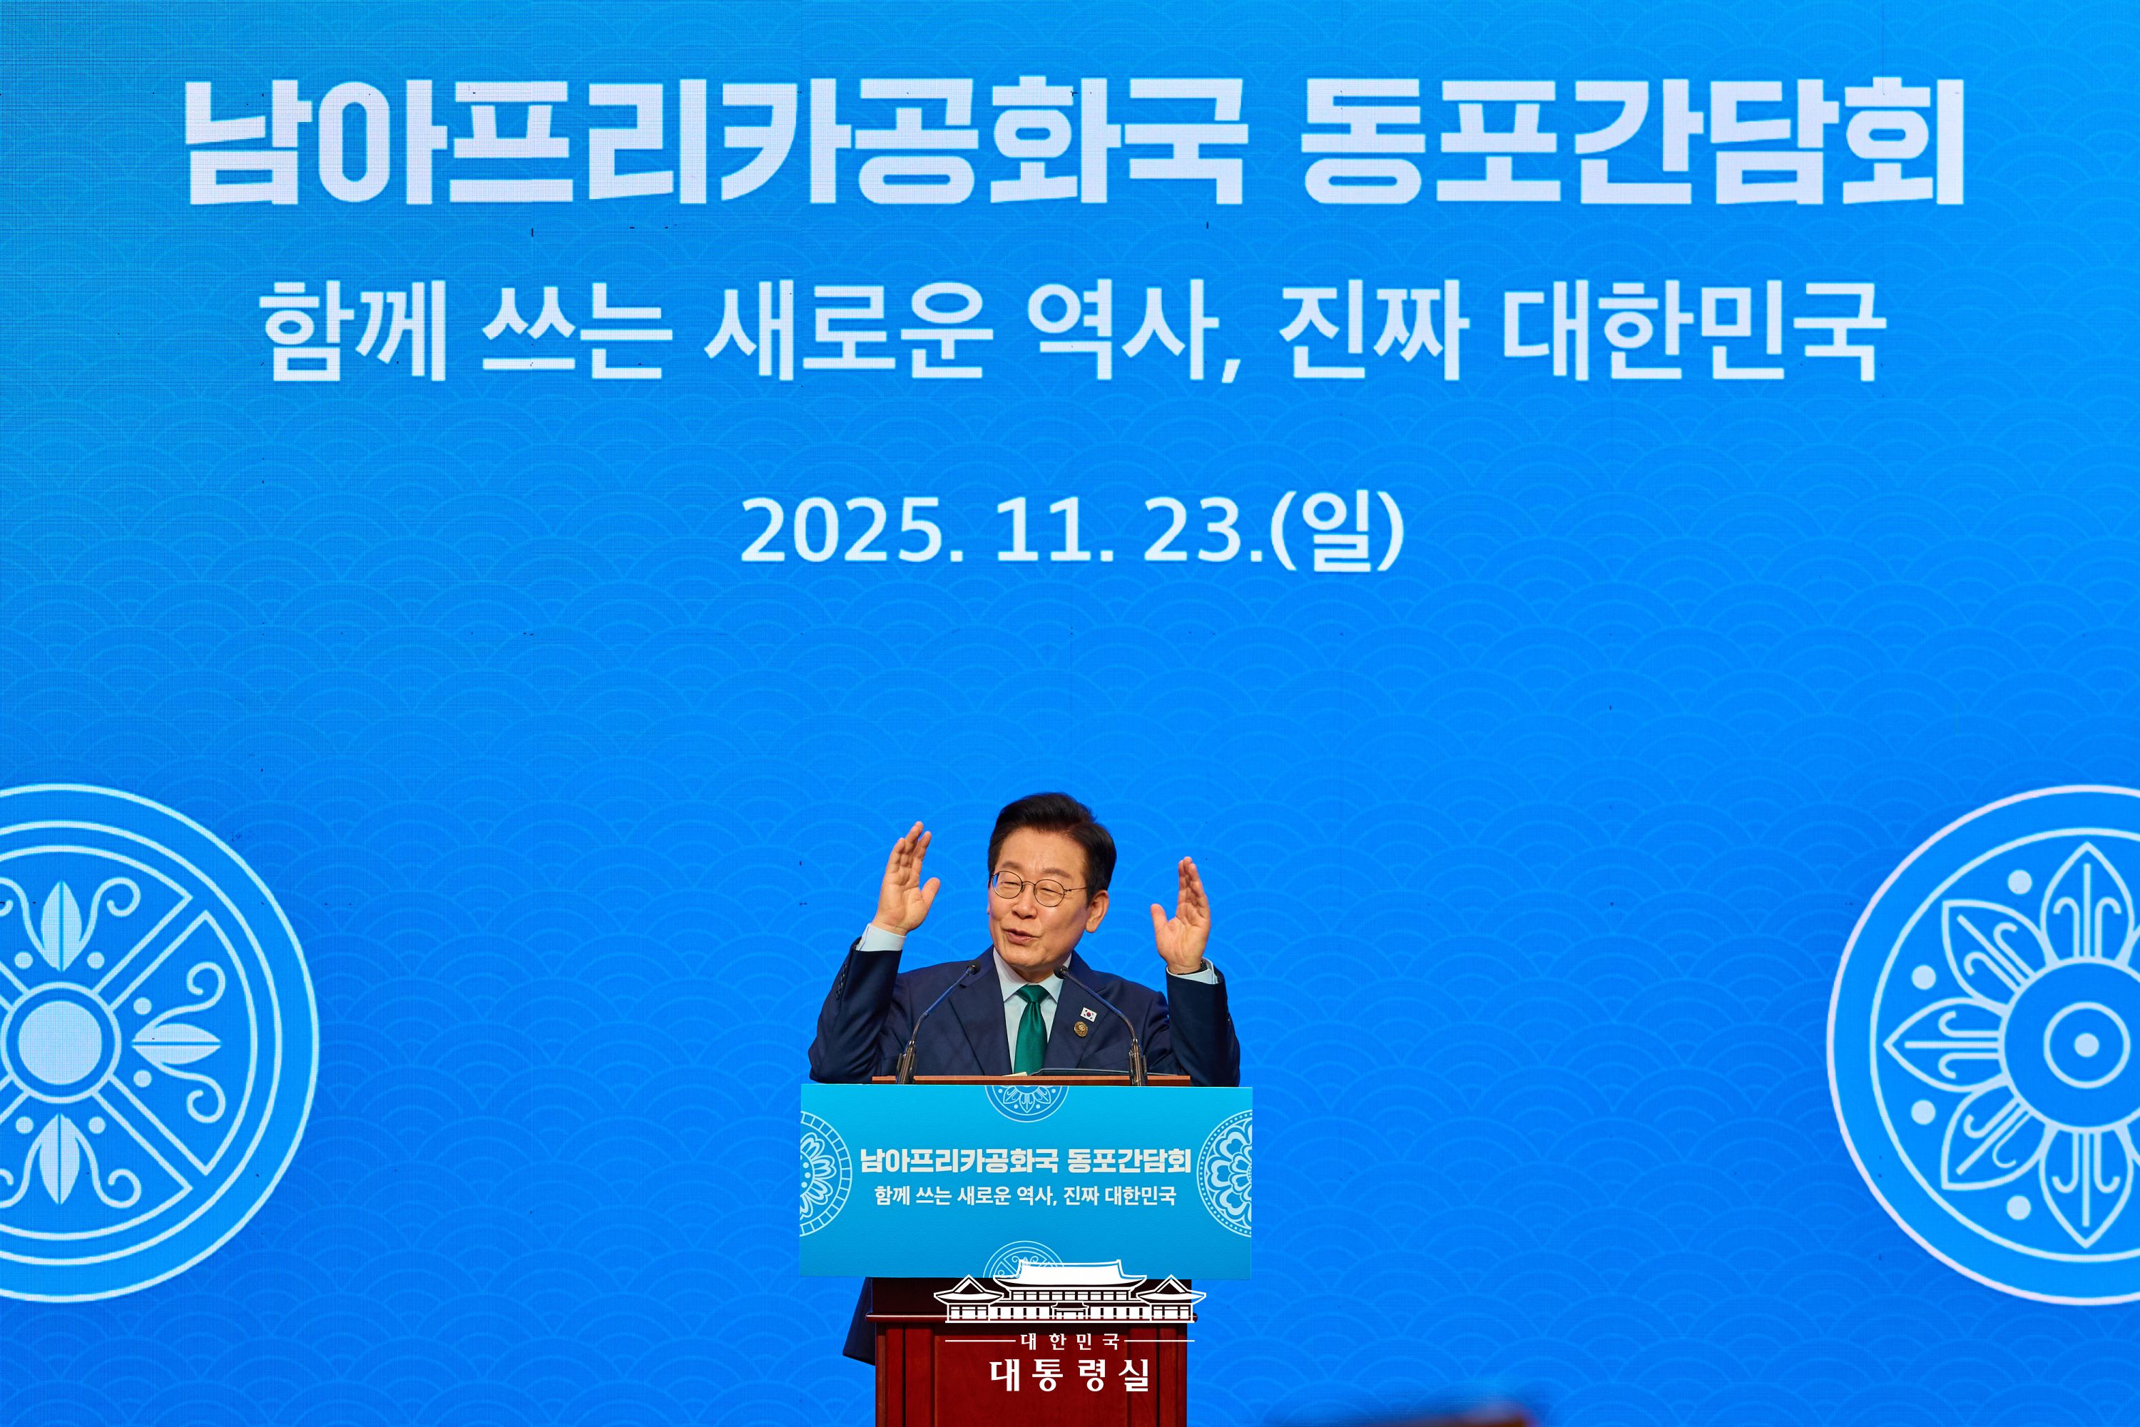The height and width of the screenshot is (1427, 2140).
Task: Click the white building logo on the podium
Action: (1069, 1293)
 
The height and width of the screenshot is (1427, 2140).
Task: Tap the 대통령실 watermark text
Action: (1069, 1374)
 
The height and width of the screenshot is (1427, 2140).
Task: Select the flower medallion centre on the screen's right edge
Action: (2084, 1044)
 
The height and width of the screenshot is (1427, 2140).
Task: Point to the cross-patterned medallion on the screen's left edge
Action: (63, 1038)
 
